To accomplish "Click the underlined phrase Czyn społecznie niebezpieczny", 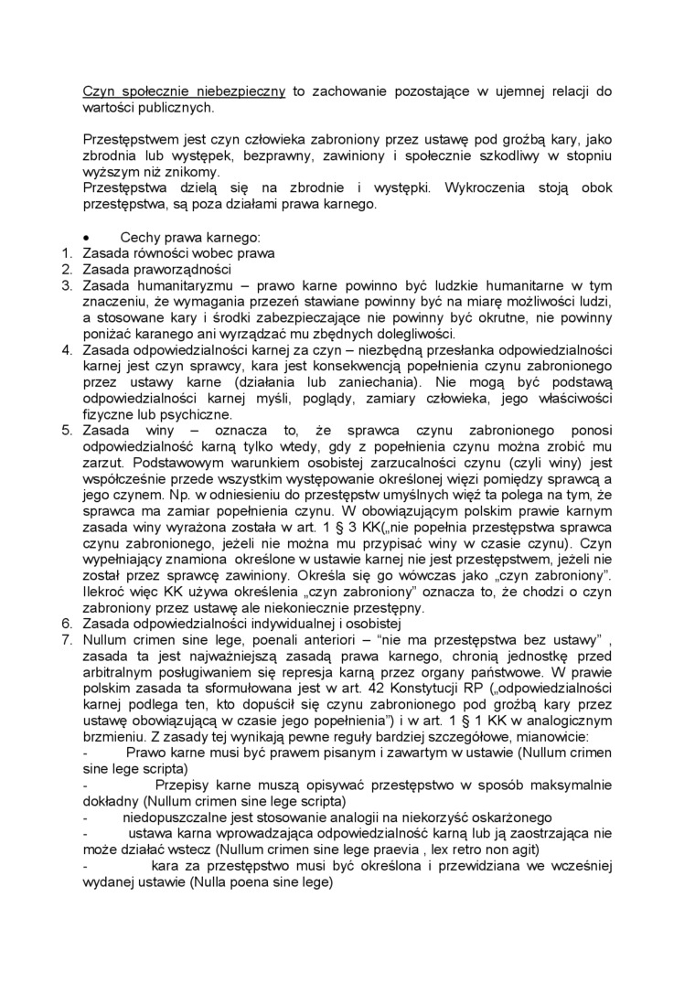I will click(x=184, y=91).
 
